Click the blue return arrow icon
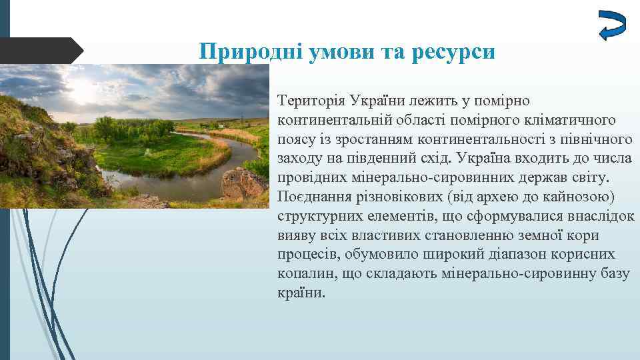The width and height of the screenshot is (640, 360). pos(611,25)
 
